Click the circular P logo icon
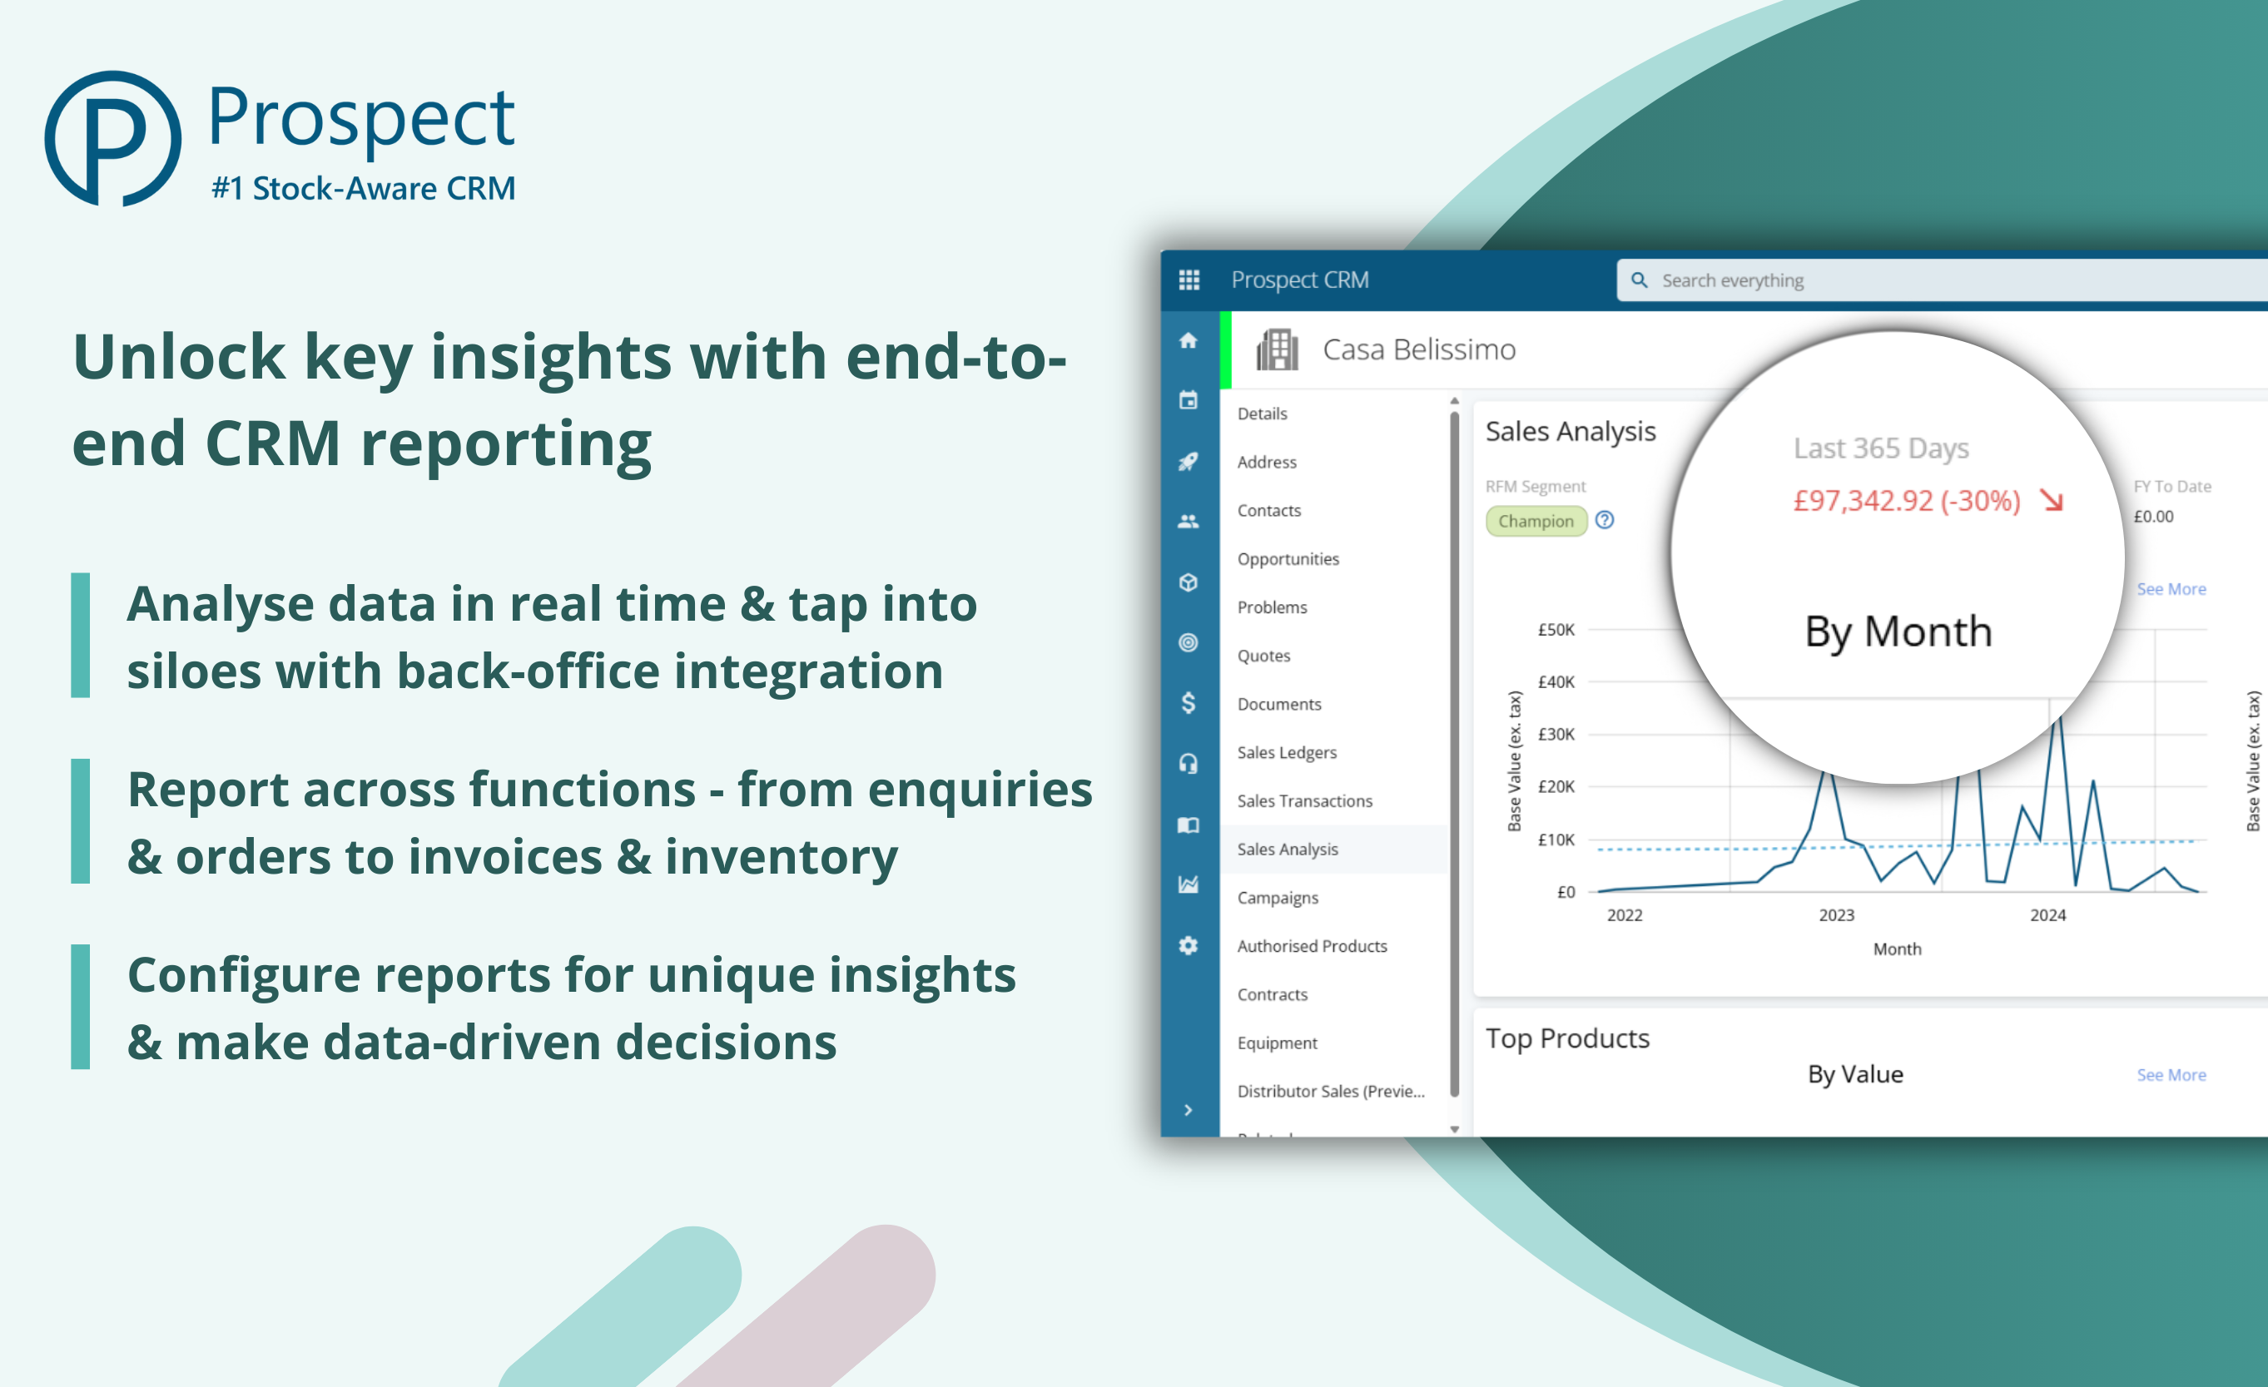click(112, 138)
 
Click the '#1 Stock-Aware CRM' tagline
click(364, 189)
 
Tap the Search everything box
click(1933, 280)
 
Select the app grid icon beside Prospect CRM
click(1189, 280)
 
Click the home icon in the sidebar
click(1189, 340)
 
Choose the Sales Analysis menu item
click(1287, 850)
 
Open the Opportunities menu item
click(1288, 558)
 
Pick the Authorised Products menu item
click(1312, 946)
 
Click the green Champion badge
click(1536, 521)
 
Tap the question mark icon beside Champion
click(1605, 520)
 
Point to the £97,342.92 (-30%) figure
click(1906, 501)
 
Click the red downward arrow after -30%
click(2051, 501)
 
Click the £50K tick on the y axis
click(1556, 630)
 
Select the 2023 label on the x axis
click(1836, 915)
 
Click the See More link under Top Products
click(2171, 1075)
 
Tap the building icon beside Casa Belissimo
click(1277, 349)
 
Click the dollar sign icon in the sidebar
click(1189, 703)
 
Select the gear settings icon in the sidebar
click(1189, 945)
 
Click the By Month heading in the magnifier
click(1898, 632)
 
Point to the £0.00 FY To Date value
click(2153, 517)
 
